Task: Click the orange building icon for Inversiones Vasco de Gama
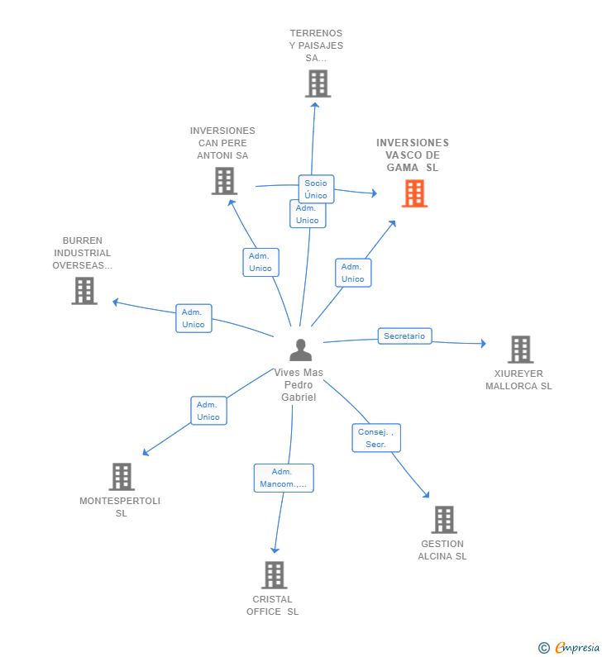coord(414,193)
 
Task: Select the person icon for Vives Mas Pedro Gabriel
coord(300,350)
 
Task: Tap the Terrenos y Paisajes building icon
coord(318,83)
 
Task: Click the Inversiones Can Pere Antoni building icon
coord(224,181)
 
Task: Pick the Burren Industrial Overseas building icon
coord(84,291)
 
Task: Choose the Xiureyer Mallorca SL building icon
coord(520,349)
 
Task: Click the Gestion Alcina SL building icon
coord(444,520)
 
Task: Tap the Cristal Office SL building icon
coord(275,575)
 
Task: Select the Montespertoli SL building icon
coord(122,476)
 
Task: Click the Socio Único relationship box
coord(316,189)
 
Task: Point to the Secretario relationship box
coord(404,336)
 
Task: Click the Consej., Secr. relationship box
coord(376,438)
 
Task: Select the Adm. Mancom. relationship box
coord(284,478)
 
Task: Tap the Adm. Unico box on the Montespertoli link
coord(208,411)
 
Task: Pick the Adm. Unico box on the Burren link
coord(193,318)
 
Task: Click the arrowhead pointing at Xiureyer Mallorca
coord(484,344)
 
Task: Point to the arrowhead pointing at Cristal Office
coord(275,550)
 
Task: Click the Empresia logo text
coord(577,647)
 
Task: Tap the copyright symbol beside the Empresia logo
coord(544,648)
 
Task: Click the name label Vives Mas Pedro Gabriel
coord(299,384)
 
